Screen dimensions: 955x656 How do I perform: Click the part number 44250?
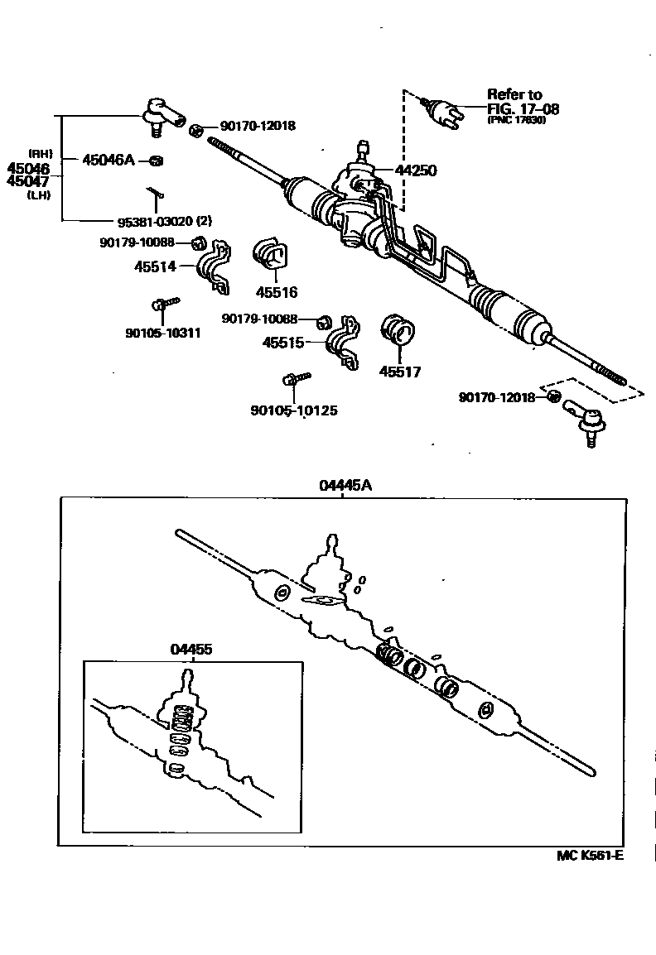(x=416, y=171)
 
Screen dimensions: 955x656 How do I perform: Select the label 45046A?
(x=108, y=160)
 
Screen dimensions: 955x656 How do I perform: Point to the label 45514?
(x=155, y=266)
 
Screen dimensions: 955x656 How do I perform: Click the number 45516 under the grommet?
(x=276, y=292)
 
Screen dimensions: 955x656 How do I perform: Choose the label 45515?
(x=283, y=343)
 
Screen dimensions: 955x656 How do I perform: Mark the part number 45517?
(x=400, y=372)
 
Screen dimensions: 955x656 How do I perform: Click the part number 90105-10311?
(x=163, y=333)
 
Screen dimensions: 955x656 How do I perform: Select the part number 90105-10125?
(x=293, y=410)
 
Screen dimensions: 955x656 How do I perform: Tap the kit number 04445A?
(x=345, y=486)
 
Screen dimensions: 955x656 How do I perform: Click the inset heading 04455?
(x=191, y=650)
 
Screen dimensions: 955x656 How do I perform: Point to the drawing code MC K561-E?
(x=590, y=855)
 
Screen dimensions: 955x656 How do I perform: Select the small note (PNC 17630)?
(x=517, y=120)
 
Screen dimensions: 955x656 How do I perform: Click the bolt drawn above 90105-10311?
(x=163, y=305)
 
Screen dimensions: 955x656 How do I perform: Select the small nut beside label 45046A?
(x=156, y=160)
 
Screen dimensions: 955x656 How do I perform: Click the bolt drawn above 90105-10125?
(x=293, y=379)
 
